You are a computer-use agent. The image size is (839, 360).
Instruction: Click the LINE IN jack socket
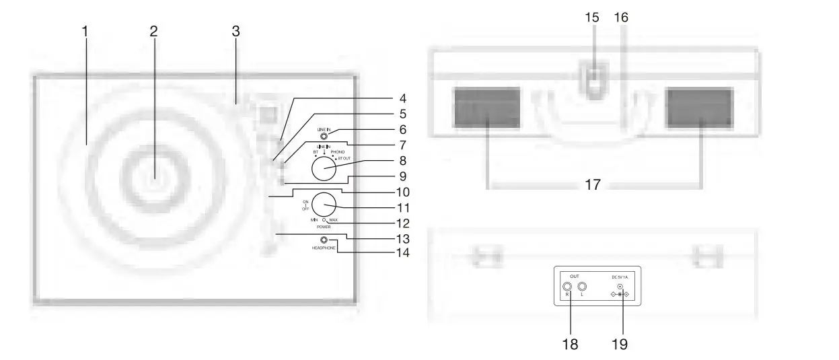coord(324,137)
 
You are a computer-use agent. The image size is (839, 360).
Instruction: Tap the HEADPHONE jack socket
coord(324,240)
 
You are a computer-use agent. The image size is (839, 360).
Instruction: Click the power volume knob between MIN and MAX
coord(324,204)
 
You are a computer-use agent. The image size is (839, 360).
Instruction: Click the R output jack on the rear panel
coord(568,285)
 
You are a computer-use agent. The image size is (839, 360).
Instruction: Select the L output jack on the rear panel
coord(583,285)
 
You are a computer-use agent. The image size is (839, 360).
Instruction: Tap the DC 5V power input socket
coord(620,287)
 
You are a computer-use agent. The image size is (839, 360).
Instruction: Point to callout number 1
coord(85,31)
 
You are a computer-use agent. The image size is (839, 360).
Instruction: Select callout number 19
coord(620,344)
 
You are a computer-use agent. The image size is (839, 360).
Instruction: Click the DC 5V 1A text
coord(620,277)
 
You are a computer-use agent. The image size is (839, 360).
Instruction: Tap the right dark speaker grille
coord(698,107)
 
